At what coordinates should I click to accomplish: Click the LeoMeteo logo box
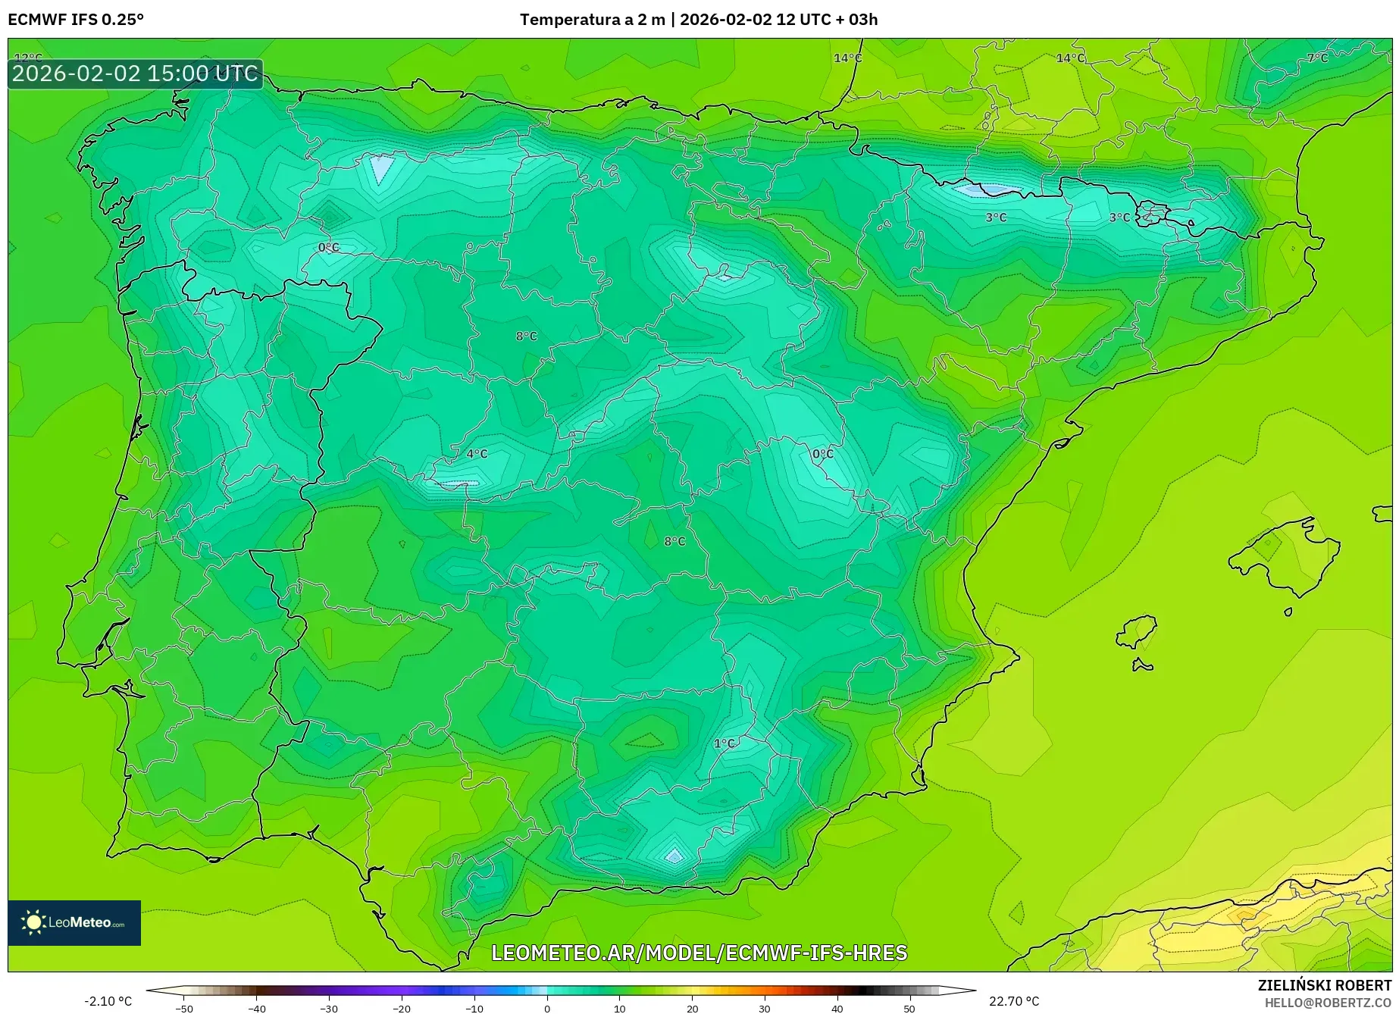pos(74,922)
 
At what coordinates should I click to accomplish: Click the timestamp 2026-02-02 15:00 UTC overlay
pos(135,74)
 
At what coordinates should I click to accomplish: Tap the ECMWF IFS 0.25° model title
pos(76,20)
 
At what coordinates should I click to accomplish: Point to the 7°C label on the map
pos(1317,58)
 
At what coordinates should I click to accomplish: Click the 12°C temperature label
pos(28,58)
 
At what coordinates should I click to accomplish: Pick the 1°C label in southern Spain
pos(724,743)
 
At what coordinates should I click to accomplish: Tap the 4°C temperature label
pos(477,454)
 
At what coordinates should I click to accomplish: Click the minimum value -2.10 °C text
pos(108,1001)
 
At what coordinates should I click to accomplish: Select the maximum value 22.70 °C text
pos(1014,1001)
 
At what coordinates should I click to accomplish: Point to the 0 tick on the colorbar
pos(547,1008)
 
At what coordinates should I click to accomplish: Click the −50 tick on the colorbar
pos(184,1008)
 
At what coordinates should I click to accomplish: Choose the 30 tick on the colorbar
pos(764,1008)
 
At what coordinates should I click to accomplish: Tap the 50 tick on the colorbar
pos(909,1008)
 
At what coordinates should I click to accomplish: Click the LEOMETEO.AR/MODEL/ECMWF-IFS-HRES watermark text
pos(699,953)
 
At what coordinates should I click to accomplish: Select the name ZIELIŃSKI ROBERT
pos(1325,985)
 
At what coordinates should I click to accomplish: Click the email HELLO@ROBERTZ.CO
pos(1328,1003)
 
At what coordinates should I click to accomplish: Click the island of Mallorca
pos(1285,557)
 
